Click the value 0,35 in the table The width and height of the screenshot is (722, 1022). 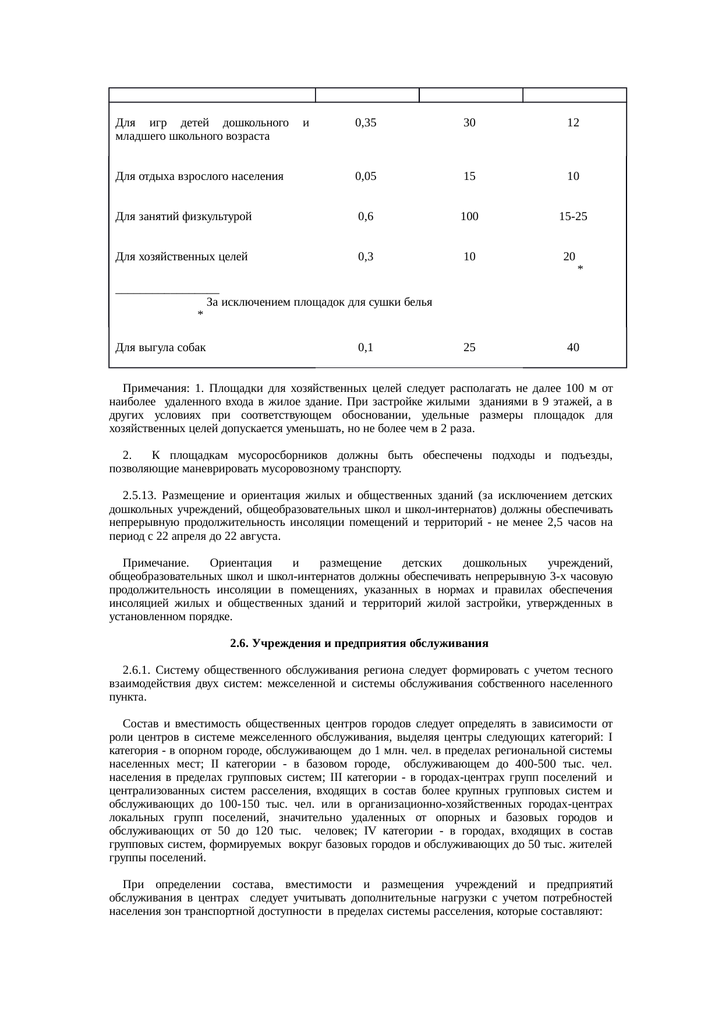[366, 123]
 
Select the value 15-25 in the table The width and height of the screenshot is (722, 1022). [573, 217]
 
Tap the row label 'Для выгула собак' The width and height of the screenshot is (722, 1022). [161, 348]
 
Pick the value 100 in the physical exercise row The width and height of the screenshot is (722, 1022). [469, 217]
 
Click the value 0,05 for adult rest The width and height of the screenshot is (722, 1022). [366, 176]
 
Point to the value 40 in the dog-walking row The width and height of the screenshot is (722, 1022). [573, 348]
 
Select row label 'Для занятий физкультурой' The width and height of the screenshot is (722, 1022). [183, 217]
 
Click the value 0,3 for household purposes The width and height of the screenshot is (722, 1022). [366, 256]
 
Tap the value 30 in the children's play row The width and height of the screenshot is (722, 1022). [469, 123]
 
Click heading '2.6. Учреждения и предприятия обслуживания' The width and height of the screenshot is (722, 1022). [359, 643]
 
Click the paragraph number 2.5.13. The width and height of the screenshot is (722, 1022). [140, 496]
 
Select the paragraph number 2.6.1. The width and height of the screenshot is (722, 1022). [138, 670]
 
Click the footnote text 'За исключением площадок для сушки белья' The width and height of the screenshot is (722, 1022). [319, 303]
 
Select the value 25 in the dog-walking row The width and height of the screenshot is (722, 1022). [469, 348]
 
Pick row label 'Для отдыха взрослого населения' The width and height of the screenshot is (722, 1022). [199, 176]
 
